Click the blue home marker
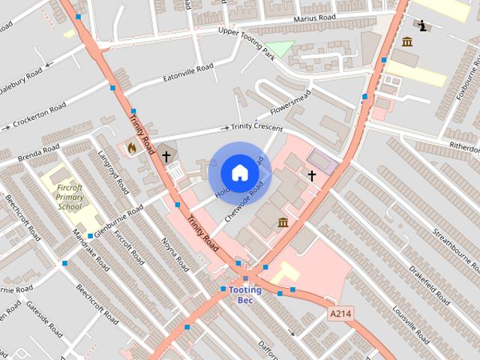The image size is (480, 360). [239, 173]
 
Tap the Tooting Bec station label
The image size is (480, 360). [244, 295]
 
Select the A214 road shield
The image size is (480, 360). [340, 314]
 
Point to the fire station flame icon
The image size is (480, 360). [132, 148]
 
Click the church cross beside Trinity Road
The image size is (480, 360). [166, 157]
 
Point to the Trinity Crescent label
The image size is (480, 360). [256, 127]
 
